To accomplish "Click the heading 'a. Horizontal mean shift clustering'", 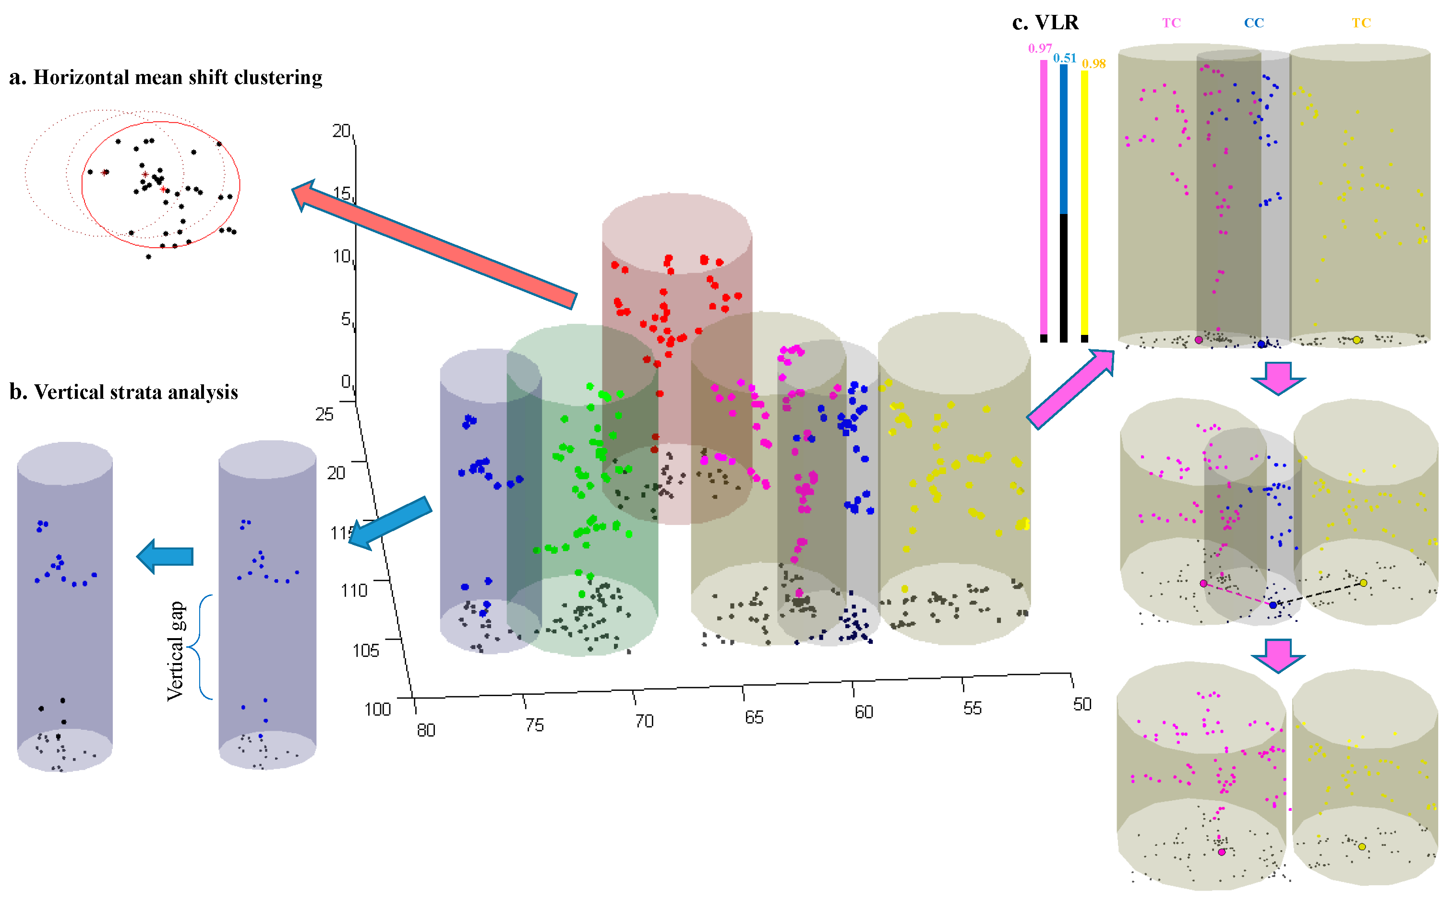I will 166,78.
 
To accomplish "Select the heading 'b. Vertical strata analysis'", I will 124,392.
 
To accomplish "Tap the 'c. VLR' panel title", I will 1045,23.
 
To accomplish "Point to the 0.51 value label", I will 1065,58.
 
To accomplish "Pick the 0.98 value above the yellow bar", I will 1094,64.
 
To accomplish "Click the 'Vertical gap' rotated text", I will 176,651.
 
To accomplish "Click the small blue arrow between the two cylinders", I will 166,556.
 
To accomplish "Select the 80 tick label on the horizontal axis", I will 426,730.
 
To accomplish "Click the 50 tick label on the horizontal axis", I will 1082,705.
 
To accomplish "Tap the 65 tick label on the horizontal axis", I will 754,718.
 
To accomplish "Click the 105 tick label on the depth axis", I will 366,650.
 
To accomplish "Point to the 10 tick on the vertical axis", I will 342,257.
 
